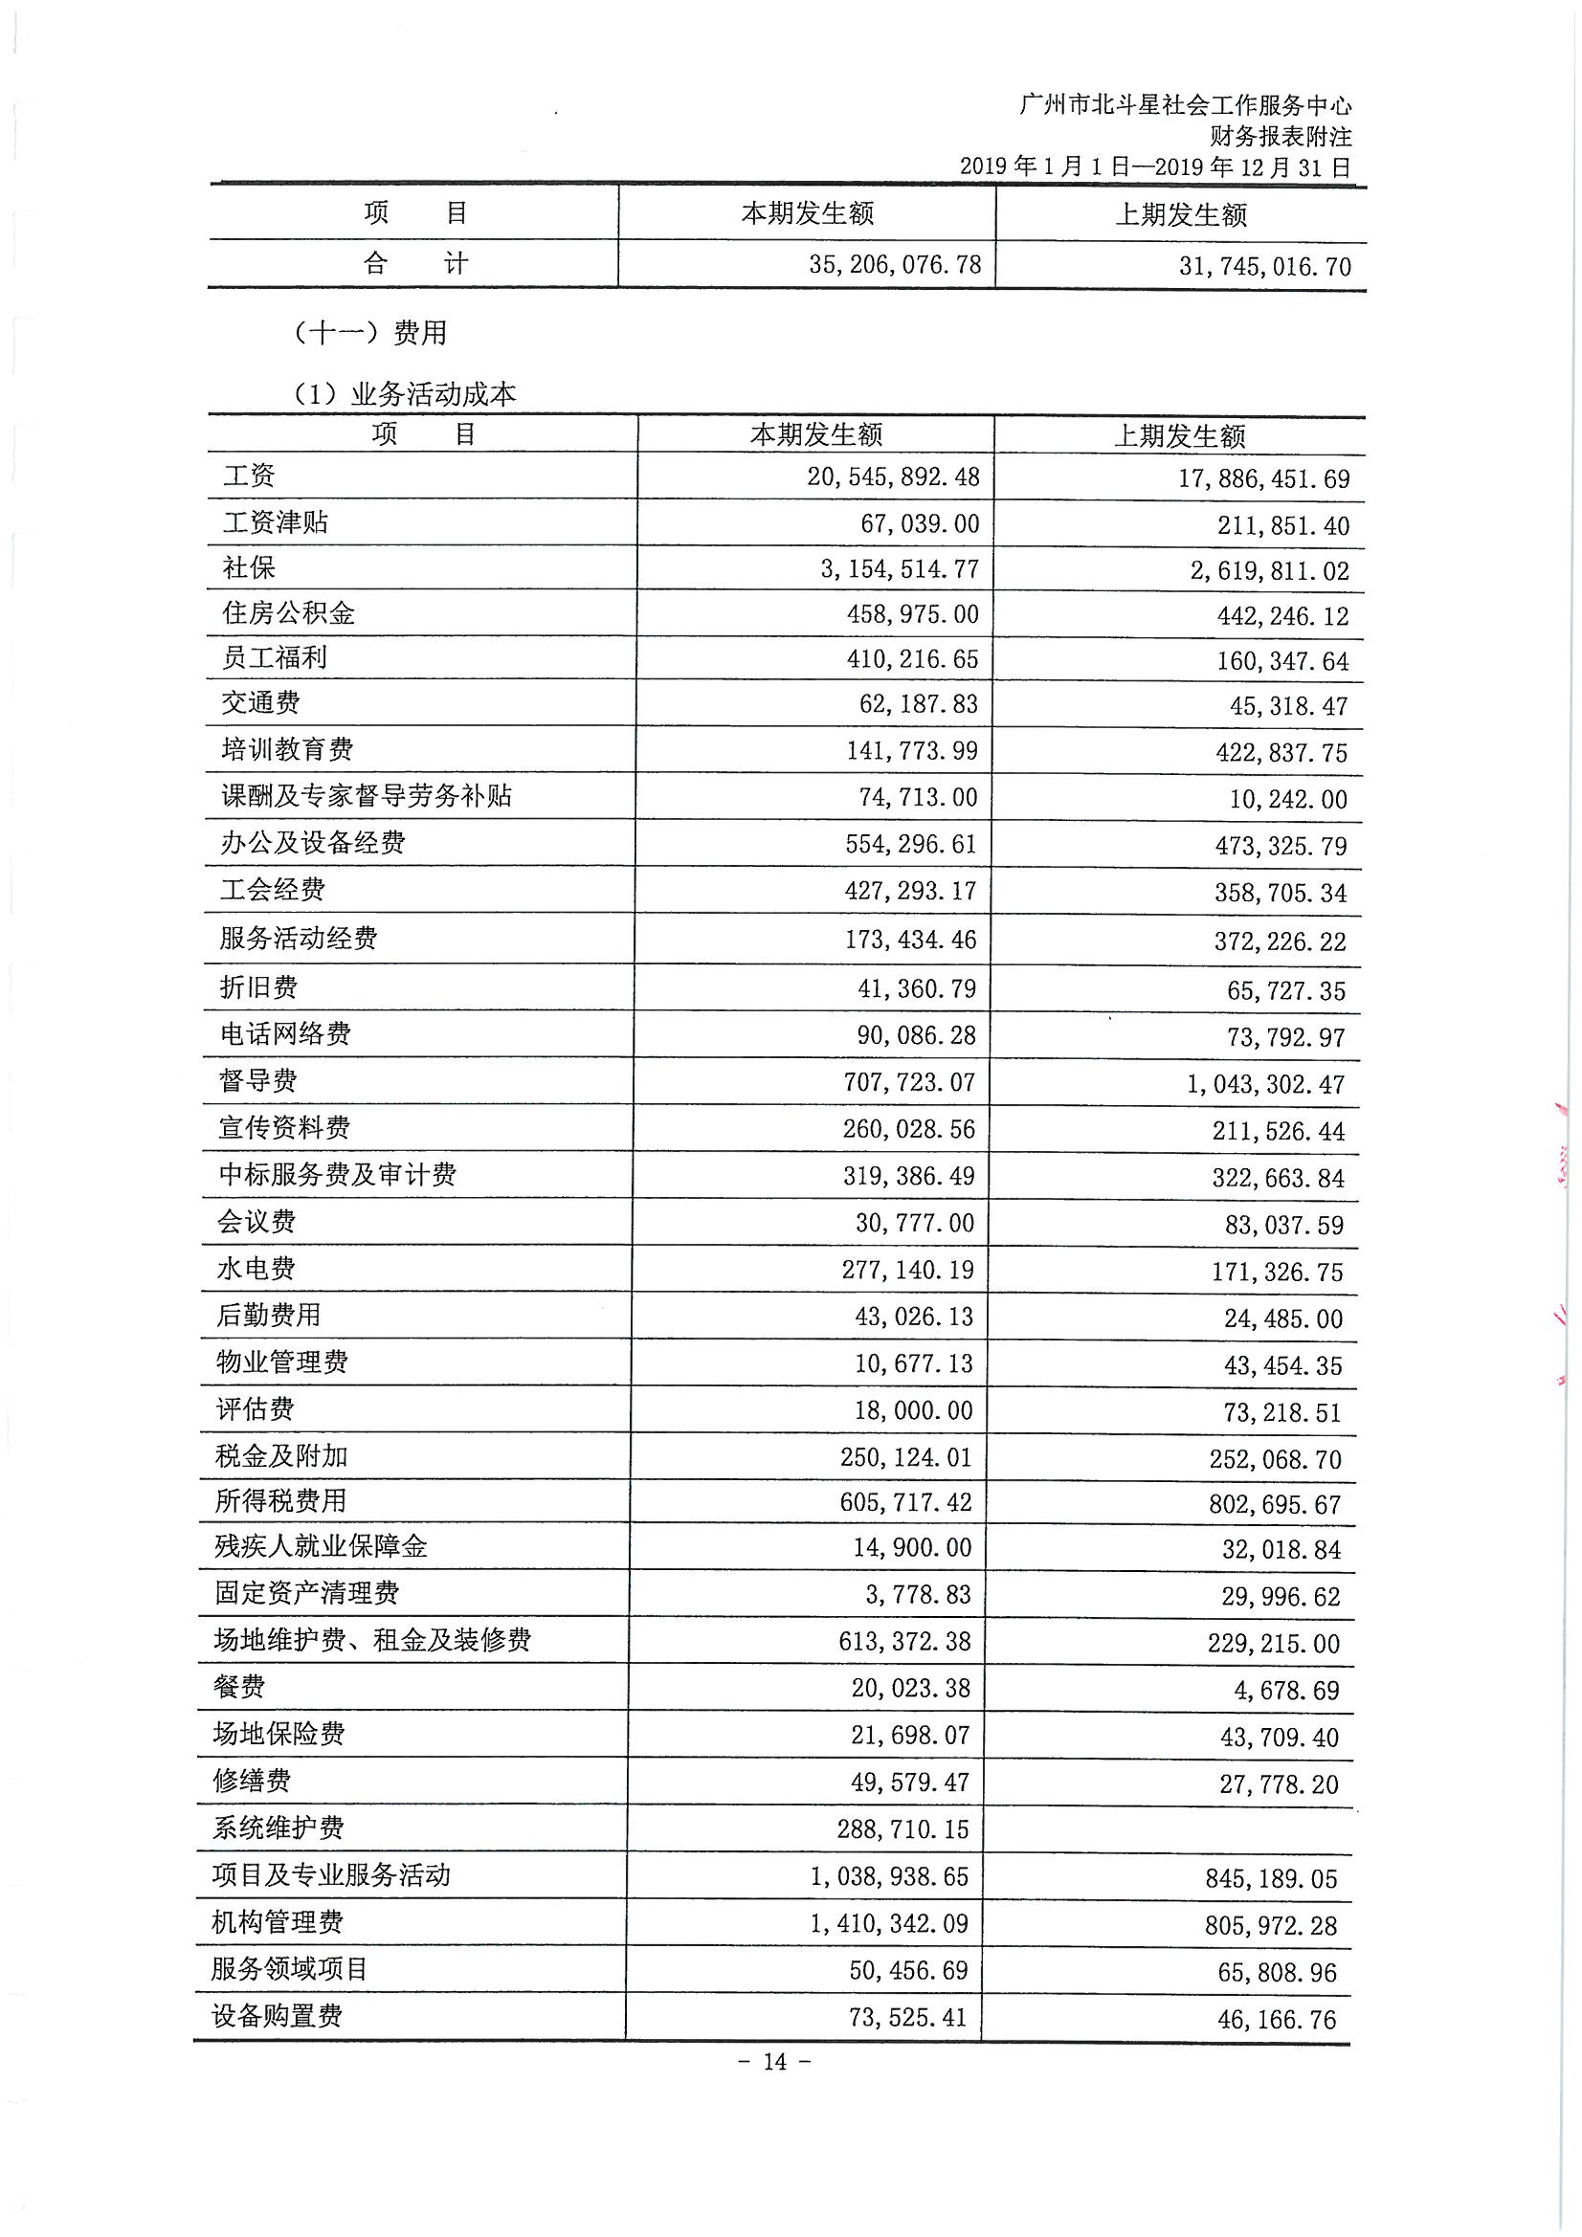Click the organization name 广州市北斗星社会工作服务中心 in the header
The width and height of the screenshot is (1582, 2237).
pyautogui.click(x=1184, y=105)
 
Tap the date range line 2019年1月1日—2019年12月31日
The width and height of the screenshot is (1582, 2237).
pyautogui.click(x=1155, y=166)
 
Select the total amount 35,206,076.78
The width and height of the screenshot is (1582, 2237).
pyautogui.click(x=895, y=265)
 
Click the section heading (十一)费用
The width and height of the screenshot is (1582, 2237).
pyautogui.click(x=369, y=333)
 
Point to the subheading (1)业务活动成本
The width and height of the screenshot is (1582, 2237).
pyautogui.click(x=405, y=394)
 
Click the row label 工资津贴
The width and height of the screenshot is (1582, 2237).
pyautogui.click(x=275, y=522)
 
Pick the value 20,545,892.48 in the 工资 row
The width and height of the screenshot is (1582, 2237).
pyautogui.click(x=893, y=477)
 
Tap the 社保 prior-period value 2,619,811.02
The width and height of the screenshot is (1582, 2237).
pyautogui.click(x=1269, y=571)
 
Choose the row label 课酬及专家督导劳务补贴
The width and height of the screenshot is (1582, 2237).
pyautogui.click(x=366, y=796)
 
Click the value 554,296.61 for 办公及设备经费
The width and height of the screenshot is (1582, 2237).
pyautogui.click(x=910, y=844)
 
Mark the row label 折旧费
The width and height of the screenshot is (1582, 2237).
pyautogui.click(x=258, y=987)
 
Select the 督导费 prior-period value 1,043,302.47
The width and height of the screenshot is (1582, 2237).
pyautogui.click(x=1265, y=1084)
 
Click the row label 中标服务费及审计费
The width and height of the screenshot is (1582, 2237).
pyautogui.click(x=337, y=1175)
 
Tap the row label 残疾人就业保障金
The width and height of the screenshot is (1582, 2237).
pyautogui.click(x=321, y=1547)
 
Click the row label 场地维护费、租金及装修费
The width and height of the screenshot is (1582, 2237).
pyautogui.click(x=372, y=1641)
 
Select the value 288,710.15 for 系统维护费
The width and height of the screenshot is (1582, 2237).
pyautogui.click(x=902, y=1829)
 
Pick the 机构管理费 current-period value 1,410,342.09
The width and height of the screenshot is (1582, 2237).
pyautogui.click(x=889, y=1924)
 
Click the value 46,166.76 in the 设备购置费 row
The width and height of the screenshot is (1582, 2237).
pyautogui.click(x=1276, y=2020)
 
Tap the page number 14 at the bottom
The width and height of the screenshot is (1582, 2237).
pyautogui.click(x=775, y=2062)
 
